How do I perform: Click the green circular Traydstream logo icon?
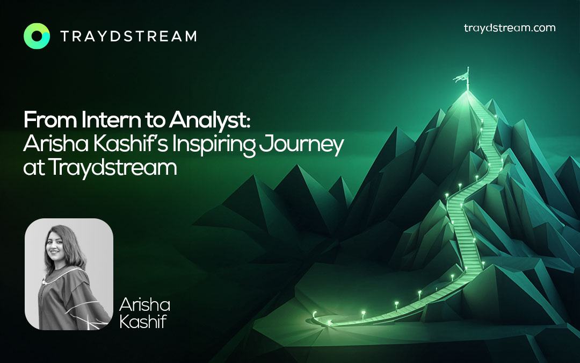pyautogui.click(x=37, y=36)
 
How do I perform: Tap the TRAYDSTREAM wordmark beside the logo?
pyautogui.click(x=128, y=37)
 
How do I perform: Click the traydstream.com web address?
pyautogui.click(x=510, y=28)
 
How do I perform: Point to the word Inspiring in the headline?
pyautogui.click(x=214, y=145)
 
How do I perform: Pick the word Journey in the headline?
pyautogui.click(x=301, y=145)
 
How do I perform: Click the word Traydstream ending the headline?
pyautogui.click(x=112, y=168)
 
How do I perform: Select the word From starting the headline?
pyautogui.click(x=50, y=120)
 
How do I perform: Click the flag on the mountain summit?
pyautogui.click(x=462, y=77)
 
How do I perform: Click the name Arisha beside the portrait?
pyautogui.click(x=144, y=305)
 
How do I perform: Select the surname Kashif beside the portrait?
pyautogui.click(x=143, y=322)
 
